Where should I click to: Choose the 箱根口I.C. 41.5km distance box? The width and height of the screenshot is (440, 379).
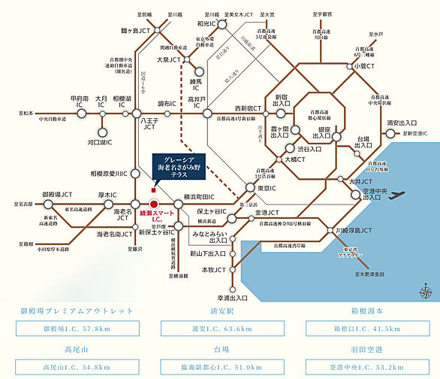(x=365, y=329)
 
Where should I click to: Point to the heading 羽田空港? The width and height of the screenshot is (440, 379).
(x=365, y=350)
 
